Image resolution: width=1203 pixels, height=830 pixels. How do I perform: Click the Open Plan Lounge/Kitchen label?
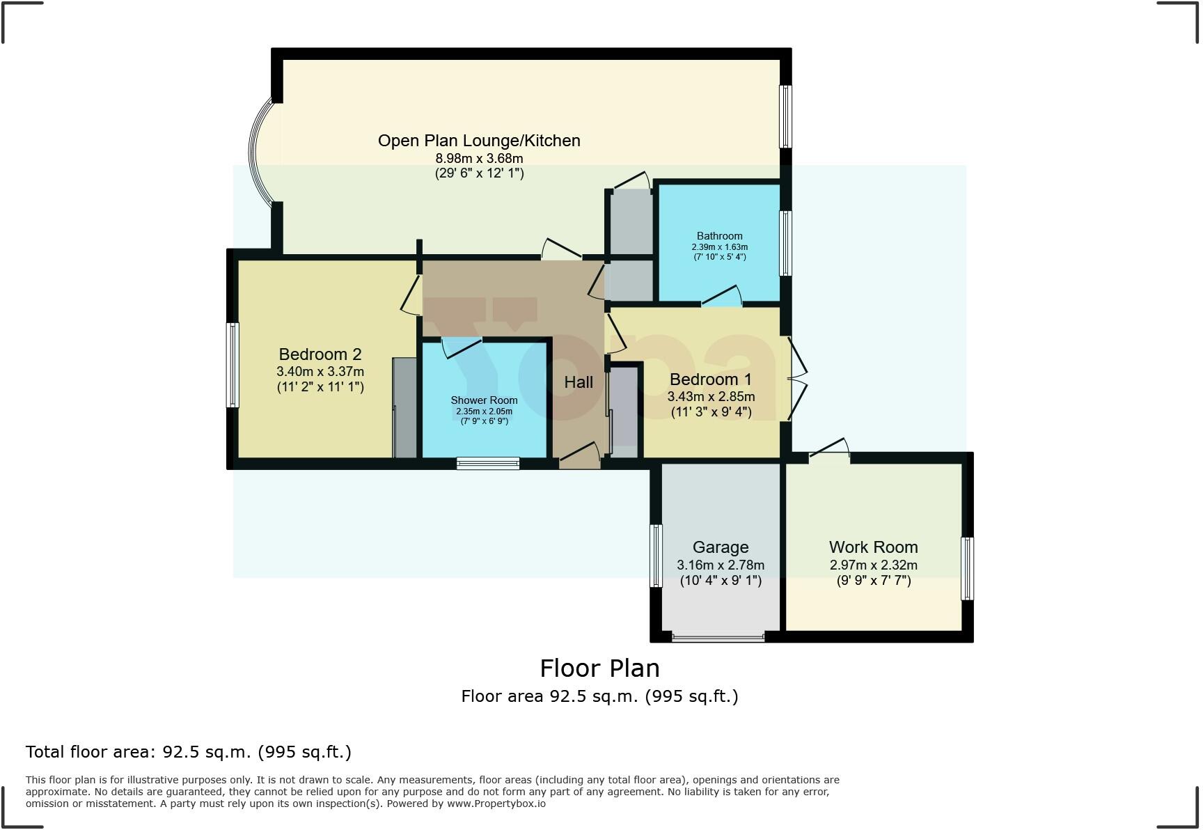(479, 141)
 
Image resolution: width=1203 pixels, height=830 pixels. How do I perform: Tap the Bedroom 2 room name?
(320, 354)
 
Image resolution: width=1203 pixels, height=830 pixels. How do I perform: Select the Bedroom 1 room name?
(711, 379)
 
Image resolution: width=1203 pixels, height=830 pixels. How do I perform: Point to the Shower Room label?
(484, 400)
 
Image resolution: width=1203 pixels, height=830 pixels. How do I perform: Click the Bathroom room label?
(720, 236)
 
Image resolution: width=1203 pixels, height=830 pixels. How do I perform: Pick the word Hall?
(579, 382)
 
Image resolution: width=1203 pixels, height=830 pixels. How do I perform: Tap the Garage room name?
(721, 548)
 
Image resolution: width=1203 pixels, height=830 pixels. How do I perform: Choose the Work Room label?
(873, 547)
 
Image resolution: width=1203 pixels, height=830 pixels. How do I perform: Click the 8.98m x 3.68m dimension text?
(479, 159)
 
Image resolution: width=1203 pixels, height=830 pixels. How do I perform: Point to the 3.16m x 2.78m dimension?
(721, 565)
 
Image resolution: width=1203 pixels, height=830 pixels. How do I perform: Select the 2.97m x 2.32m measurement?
(873, 565)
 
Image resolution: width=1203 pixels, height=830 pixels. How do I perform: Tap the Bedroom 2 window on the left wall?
(233, 365)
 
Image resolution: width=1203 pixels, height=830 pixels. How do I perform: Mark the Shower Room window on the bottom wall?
(488, 463)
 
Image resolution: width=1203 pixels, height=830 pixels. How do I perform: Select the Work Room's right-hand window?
(968, 568)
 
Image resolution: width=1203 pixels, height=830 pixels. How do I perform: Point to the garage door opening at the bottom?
(718, 636)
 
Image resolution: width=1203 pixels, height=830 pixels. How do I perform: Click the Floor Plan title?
(599, 668)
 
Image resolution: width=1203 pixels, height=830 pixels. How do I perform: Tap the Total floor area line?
(189, 752)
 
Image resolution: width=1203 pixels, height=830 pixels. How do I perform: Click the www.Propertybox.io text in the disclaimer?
(496, 804)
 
